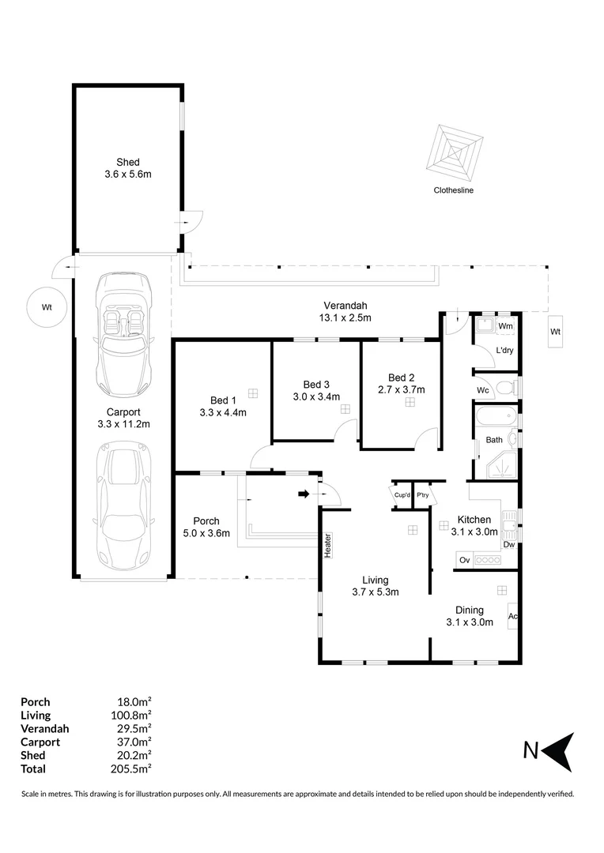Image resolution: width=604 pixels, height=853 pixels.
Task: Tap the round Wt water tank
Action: tap(47, 308)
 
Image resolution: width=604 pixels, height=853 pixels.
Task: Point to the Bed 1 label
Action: tap(222, 400)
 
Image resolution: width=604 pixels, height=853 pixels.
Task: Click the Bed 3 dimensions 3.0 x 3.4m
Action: tap(316, 396)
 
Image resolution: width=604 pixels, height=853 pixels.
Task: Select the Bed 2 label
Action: tap(402, 377)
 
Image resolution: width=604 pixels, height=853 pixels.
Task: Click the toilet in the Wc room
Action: tap(515, 387)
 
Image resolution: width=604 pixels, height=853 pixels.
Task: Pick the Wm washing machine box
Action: tap(505, 325)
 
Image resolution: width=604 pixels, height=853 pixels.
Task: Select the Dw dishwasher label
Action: tap(509, 544)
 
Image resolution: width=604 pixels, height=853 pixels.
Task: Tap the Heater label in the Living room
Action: tap(327, 546)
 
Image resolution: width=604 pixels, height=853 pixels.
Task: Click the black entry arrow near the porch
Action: tap(303, 494)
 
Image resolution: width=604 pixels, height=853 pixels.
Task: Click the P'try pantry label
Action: tap(422, 495)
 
